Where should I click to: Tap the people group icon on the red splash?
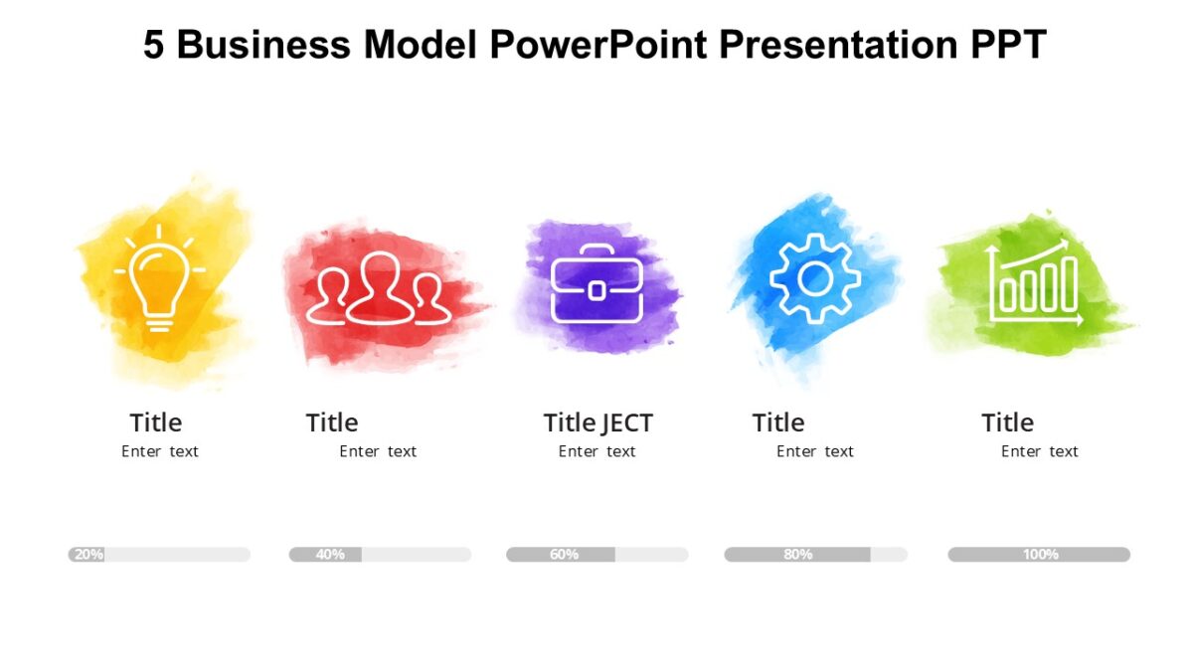coord(379,288)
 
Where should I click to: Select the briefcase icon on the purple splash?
coord(596,285)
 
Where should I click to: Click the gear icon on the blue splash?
coord(815,278)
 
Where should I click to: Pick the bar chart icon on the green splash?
coord(1034,282)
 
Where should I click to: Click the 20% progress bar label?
coord(88,555)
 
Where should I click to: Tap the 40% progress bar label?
coord(330,555)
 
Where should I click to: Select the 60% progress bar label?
coord(564,555)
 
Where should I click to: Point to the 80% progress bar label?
coord(797,555)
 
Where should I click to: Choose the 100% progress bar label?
coord(1040,555)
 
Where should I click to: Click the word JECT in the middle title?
coord(627,423)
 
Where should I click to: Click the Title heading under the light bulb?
coord(156,422)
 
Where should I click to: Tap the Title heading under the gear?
coord(778,422)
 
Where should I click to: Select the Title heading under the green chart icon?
coord(1008,422)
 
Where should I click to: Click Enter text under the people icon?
coord(378,451)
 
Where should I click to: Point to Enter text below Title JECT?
coord(596,451)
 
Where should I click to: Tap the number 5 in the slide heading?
coord(153,46)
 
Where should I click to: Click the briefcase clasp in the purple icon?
coord(596,290)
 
